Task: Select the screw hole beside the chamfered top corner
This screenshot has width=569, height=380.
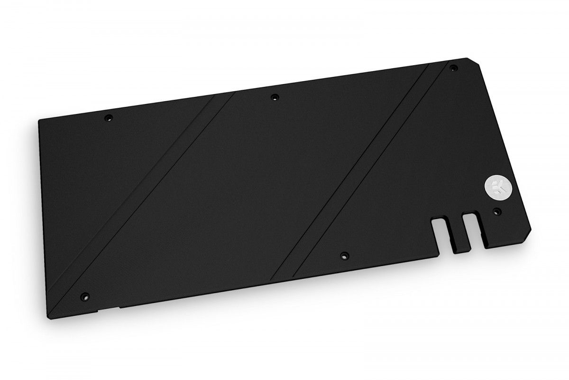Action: click(x=453, y=67)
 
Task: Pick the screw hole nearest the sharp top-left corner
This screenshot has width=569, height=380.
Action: click(x=108, y=116)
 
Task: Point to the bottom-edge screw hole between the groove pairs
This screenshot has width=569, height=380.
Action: click(x=343, y=255)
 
